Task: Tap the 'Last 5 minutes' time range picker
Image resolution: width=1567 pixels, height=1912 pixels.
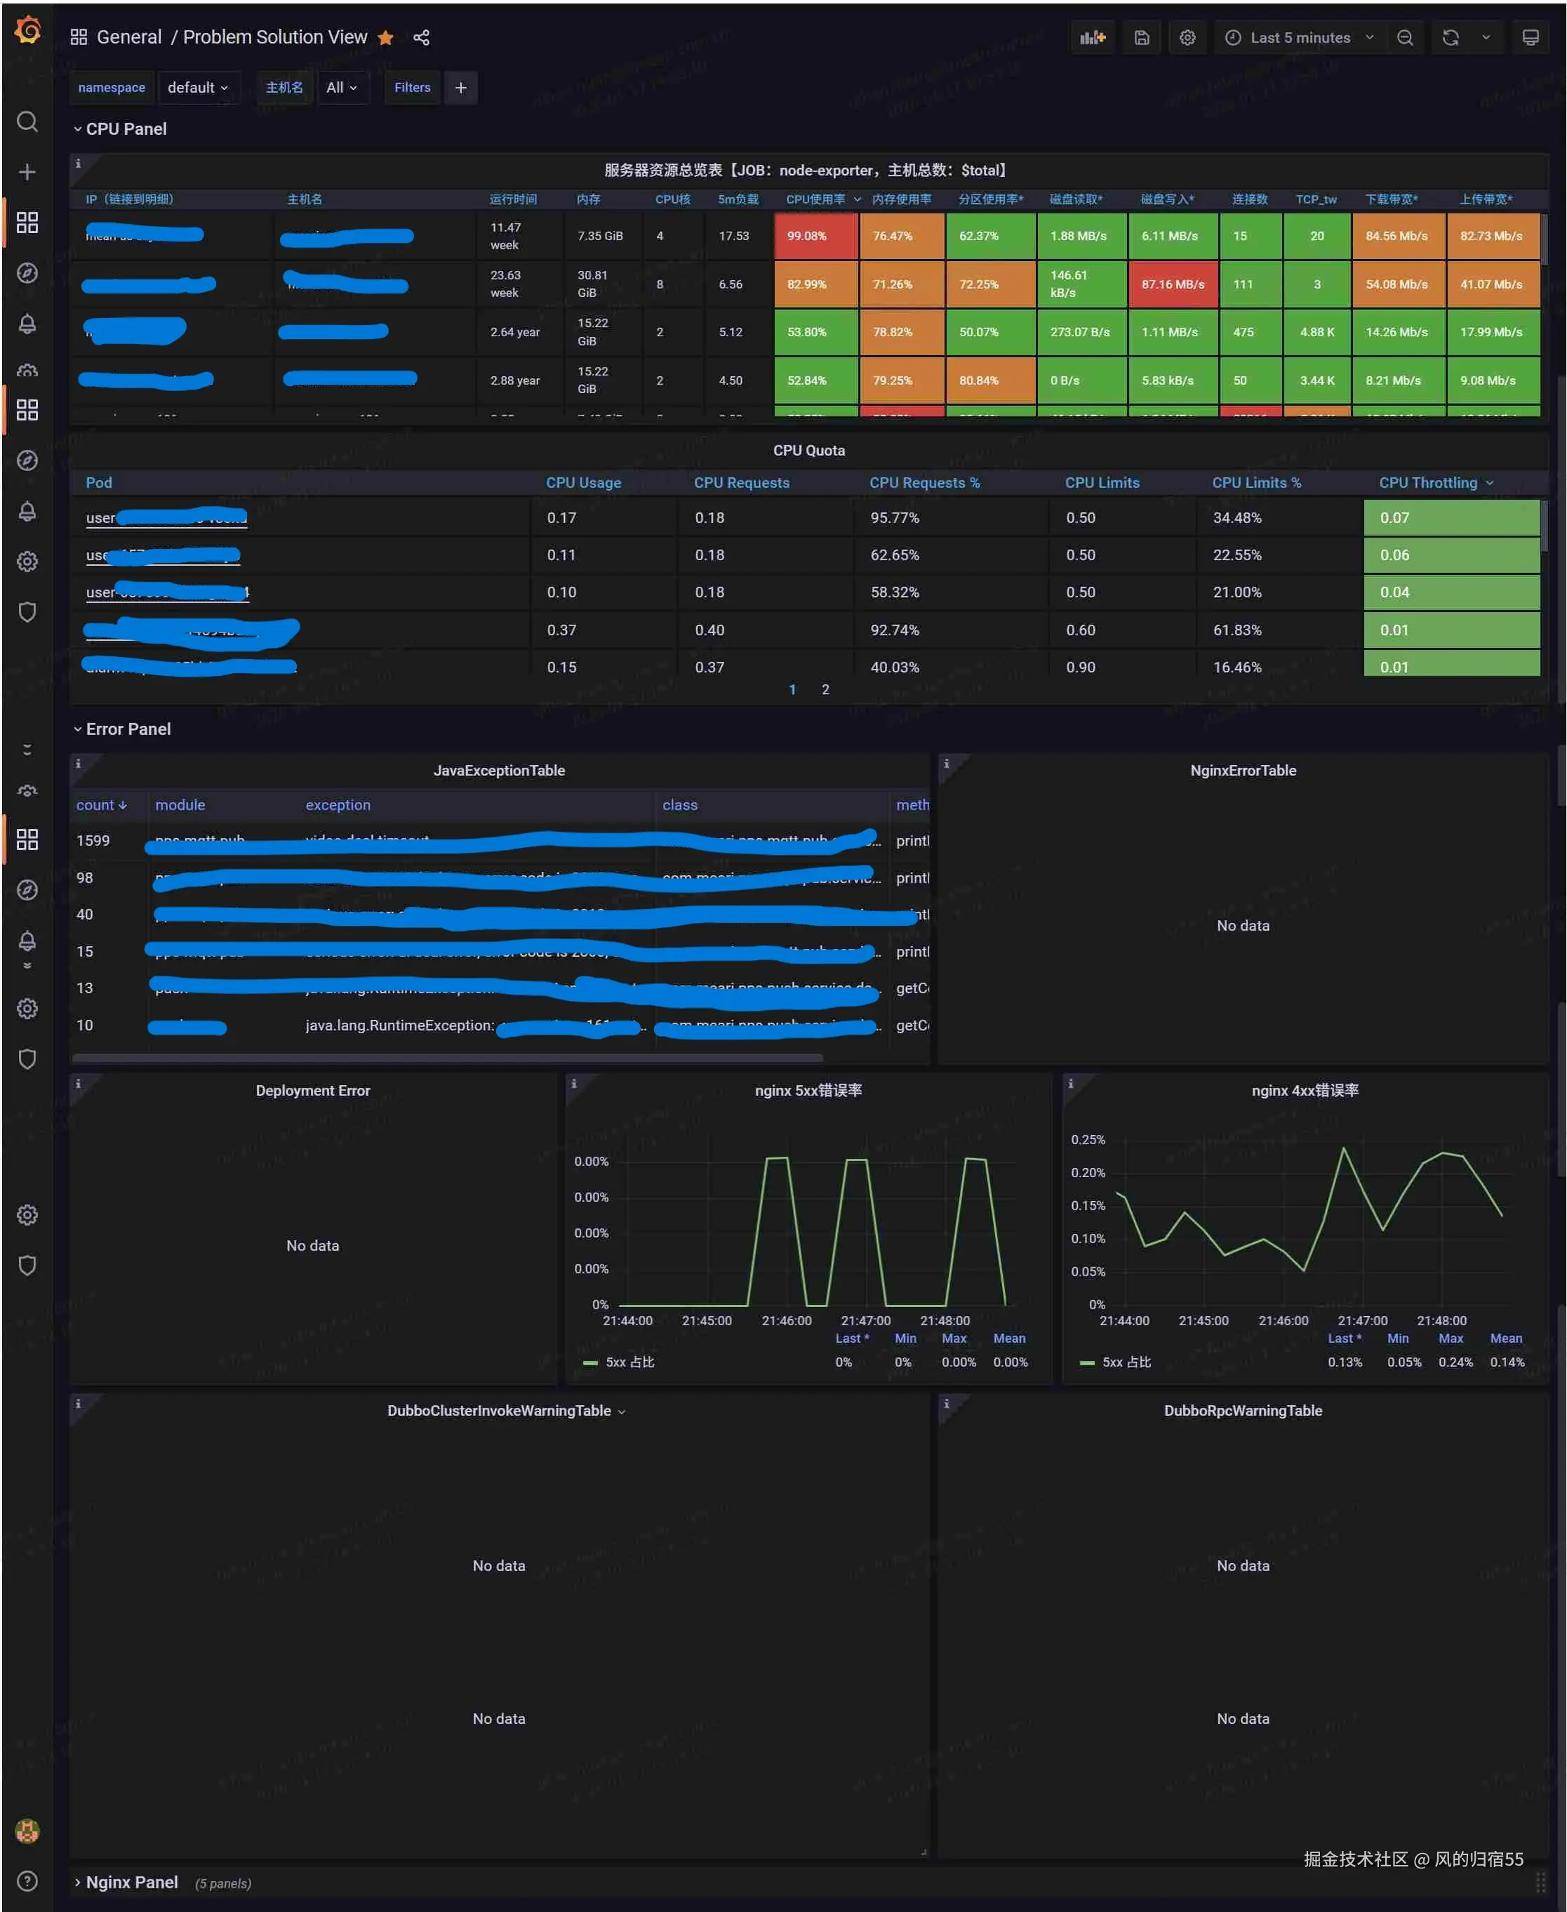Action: (1299, 38)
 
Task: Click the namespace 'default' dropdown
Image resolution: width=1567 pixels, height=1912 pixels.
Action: (196, 88)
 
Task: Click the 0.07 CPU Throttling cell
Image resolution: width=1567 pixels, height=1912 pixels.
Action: (1450, 518)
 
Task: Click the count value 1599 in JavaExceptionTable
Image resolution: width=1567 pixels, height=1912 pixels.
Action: (93, 840)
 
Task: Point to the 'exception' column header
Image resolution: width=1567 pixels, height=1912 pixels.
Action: (338, 805)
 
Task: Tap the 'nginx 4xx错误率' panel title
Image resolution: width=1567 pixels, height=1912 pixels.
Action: (1305, 1091)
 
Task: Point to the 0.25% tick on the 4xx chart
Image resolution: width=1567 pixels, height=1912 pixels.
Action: (1088, 1140)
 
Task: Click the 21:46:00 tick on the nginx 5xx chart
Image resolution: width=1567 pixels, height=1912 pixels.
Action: (786, 1321)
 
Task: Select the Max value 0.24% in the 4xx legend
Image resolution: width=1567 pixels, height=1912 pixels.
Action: (1455, 1362)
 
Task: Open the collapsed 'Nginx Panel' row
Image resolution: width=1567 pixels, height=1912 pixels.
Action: (132, 1883)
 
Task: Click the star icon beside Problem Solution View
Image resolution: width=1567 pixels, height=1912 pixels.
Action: (385, 38)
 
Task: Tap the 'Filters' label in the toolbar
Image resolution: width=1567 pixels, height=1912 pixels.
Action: (413, 88)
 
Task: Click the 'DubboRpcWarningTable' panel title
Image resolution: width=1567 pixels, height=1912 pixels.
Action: (1242, 1411)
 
